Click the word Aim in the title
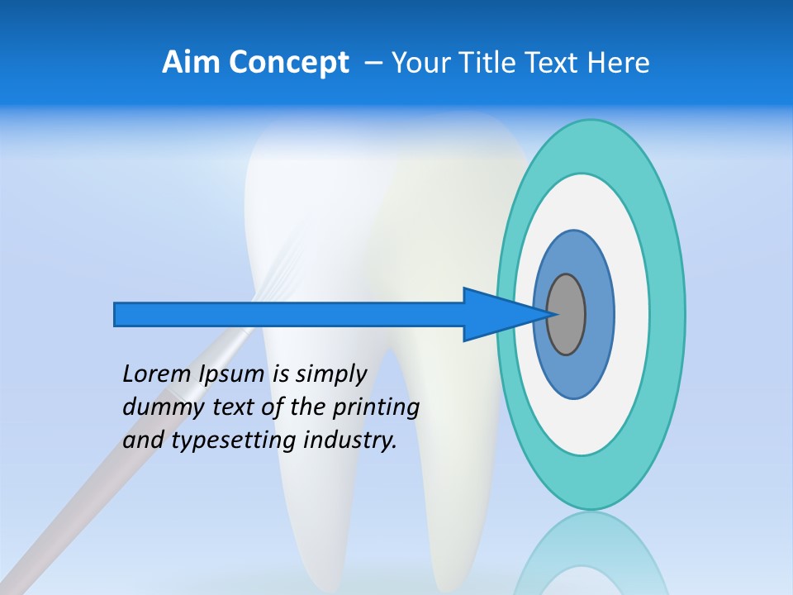coord(189,63)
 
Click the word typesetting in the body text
coord(233,440)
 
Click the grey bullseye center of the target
coord(567,314)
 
